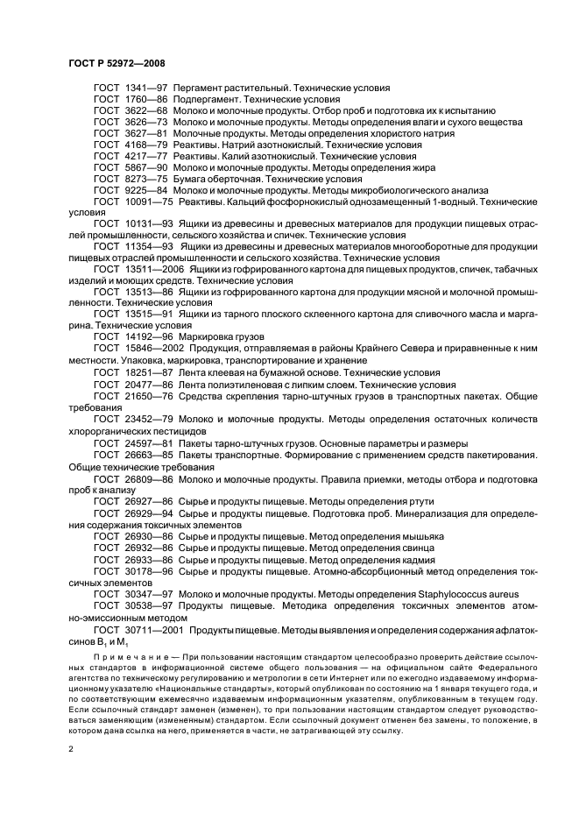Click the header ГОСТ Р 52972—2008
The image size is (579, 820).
click(x=117, y=65)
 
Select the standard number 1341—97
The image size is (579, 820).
click(x=146, y=88)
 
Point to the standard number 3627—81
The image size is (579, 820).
click(x=146, y=134)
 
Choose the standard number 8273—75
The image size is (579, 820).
click(x=146, y=179)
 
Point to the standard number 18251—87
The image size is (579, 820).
click(x=150, y=371)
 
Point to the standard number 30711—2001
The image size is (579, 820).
click(x=155, y=629)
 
